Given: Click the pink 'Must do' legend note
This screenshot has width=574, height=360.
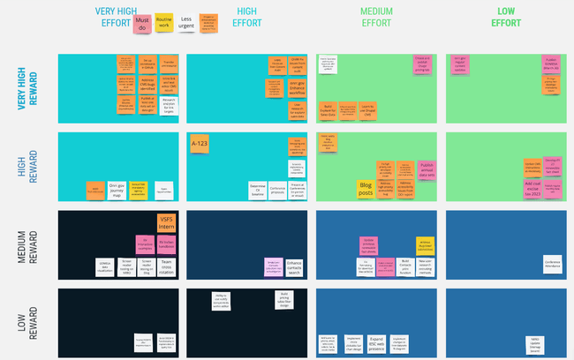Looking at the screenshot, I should pos(141,24).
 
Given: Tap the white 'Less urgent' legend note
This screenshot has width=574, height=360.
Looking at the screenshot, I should pos(187,23).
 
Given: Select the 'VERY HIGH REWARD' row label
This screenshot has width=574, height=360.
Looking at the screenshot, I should pos(26,88).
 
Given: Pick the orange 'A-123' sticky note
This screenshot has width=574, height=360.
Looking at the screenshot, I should pos(200,145).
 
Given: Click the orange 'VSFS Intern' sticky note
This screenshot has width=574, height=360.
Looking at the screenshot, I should pos(167,222).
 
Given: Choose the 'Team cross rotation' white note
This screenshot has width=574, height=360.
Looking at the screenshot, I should pos(165,266).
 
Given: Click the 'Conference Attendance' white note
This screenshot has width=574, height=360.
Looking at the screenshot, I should pos(553,262).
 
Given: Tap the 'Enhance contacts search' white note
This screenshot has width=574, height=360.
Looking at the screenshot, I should pos(296,266).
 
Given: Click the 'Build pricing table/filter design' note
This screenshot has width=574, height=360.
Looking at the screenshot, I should pos(284,298).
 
